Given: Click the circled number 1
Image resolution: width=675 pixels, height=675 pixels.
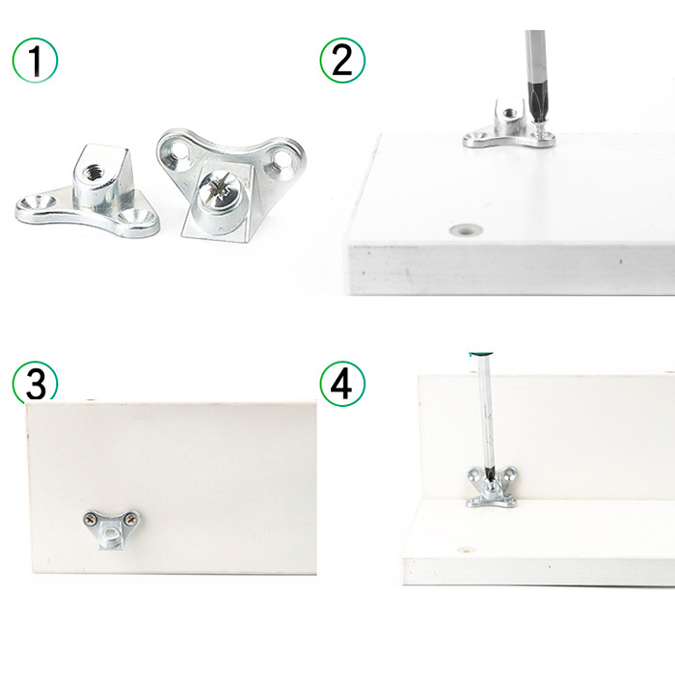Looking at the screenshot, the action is pyautogui.click(x=35, y=60).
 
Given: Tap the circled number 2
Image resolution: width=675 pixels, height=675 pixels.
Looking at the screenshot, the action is pyautogui.click(x=342, y=60).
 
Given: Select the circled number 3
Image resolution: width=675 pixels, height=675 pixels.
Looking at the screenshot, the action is pyautogui.click(x=35, y=382).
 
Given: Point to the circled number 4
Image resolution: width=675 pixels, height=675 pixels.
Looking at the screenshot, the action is pyautogui.click(x=342, y=384).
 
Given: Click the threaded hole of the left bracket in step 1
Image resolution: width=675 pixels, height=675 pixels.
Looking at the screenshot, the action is pyautogui.click(x=94, y=173).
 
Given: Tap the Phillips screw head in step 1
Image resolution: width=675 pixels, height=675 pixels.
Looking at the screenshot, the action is pyautogui.click(x=221, y=190).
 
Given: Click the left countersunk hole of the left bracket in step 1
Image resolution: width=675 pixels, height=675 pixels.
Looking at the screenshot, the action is pyautogui.click(x=38, y=201).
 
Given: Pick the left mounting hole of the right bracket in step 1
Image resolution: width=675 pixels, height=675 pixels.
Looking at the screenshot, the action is pyautogui.click(x=178, y=152).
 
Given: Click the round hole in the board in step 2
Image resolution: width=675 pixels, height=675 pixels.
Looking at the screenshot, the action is pyautogui.click(x=466, y=229).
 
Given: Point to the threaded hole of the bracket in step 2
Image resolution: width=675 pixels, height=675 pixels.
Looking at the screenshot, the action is pyautogui.click(x=511, y=113).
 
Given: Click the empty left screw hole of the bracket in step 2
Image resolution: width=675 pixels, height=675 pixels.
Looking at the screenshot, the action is pyautogui.click(x=476, y=137).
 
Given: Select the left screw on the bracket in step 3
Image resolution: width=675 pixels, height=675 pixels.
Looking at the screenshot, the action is pyautogui.click(x=91, y=518).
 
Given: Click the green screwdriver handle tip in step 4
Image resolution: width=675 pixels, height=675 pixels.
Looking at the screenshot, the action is pyautogui.click(x=480, y=354).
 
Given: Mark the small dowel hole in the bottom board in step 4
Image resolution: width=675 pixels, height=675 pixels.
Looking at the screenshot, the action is pyautogui.click(x=466, y=550).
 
